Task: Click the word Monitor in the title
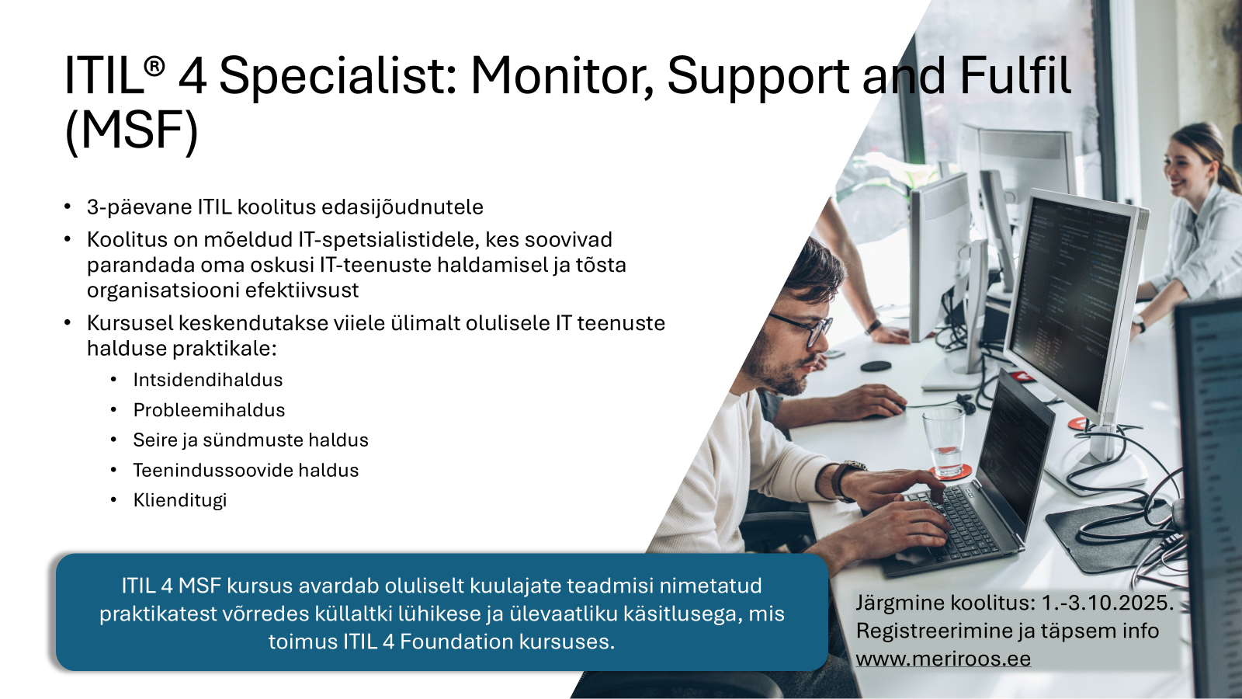(562, 76)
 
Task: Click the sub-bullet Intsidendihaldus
(208, 380)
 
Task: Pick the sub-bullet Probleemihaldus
(209, 410)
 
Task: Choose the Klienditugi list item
(180, 500)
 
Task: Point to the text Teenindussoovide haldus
(245, 471)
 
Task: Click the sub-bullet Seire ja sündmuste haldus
(251, 440)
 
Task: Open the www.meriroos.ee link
(943, 659)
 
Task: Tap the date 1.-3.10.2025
(1108, 603)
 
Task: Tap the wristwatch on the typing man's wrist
(846, 481)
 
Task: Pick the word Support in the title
(758, 78)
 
